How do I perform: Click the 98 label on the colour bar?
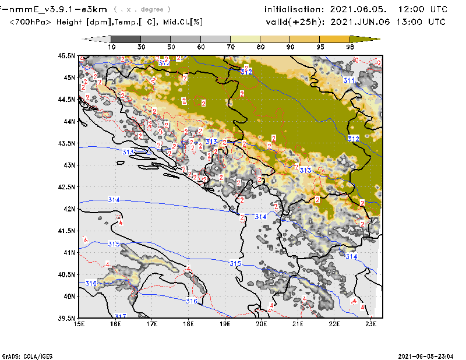tap(350, 47)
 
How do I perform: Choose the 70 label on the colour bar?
tap(230, 47)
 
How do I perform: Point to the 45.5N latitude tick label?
tap(66, 56)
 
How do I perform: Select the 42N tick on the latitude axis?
tap(69, 209)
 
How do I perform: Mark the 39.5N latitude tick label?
tap(66, 318)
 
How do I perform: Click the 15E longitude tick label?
tap(80, 324)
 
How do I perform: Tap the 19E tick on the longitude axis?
tap(225, 324)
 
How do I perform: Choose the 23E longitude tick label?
tap(370, 324)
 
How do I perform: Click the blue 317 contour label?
tap(121, 316)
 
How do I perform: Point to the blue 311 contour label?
tap(349, 81)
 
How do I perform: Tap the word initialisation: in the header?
tap(294, 10)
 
